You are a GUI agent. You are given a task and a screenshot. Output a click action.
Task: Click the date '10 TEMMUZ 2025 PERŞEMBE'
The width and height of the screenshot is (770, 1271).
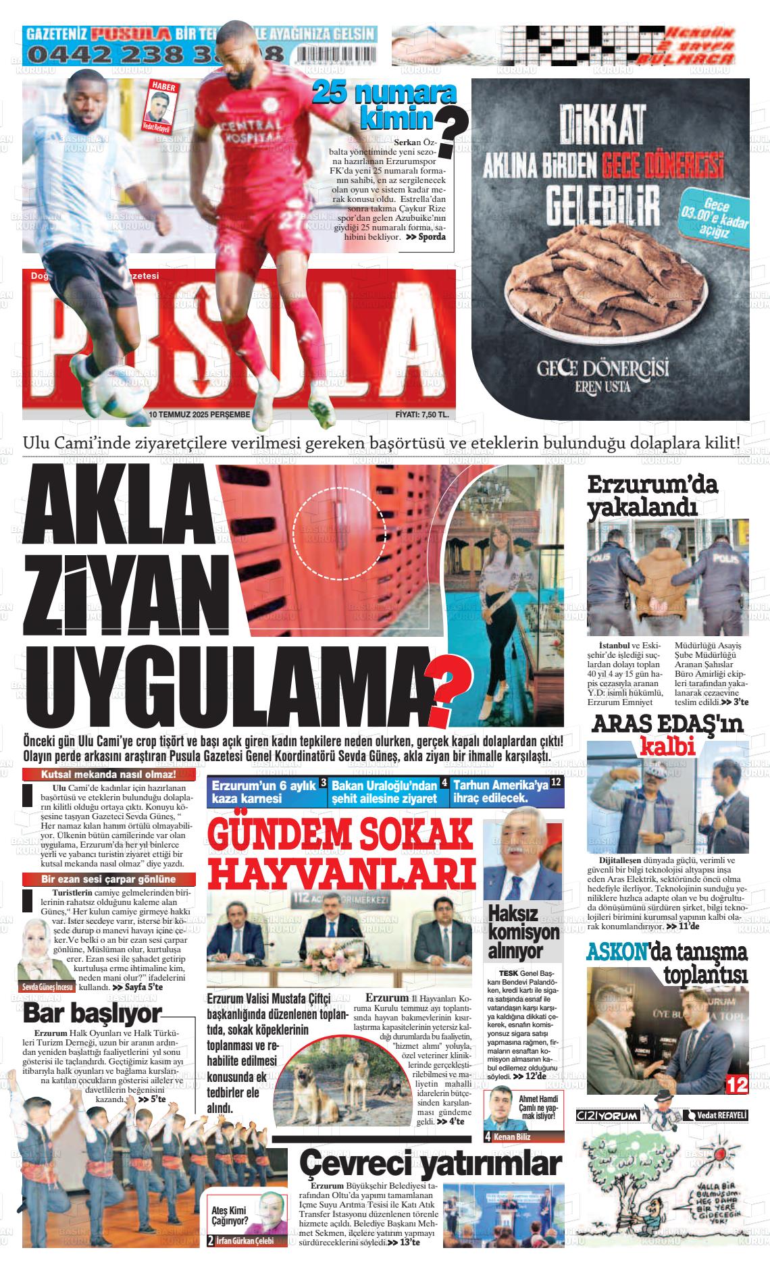coord(199,415)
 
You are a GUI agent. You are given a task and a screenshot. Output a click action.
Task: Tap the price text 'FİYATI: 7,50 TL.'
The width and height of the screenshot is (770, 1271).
coord(422,415)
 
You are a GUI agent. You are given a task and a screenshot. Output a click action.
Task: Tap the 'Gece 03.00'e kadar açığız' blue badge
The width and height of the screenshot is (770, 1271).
coord(712,219)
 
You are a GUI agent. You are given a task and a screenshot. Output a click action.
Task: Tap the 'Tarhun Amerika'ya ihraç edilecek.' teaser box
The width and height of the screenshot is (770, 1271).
coord(507,792)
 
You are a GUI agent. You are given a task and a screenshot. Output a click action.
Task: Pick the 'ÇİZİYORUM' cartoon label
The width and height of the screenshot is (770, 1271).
coord(607,1115)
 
